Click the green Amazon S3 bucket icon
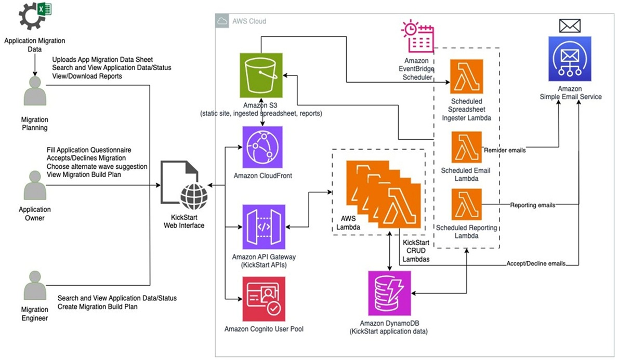pos(261,75)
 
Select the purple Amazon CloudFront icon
pos(262,147)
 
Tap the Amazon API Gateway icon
pos(262,226)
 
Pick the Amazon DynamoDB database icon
pos(389,293)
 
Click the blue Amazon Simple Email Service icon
pos(570,58)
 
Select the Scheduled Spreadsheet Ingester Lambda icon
pos(466,76)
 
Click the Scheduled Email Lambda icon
pos(466,147)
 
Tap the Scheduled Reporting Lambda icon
pos(466,205)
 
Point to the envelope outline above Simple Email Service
pos(570,25)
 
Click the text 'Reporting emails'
pos(532,205)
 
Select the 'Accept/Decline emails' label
pos(536,263)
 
